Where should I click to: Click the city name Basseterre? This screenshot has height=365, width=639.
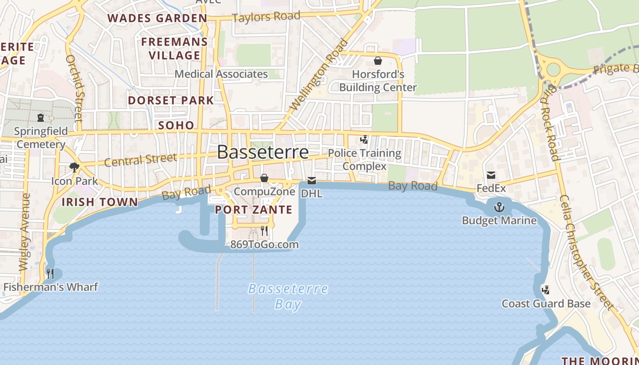coord(262,152)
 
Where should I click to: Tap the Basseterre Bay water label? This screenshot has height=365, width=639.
coord(288,296)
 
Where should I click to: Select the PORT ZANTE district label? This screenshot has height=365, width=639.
coord(253,210)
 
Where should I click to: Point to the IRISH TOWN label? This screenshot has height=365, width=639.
coord(100,202)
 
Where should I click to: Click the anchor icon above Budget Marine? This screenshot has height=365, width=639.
coord(499,208)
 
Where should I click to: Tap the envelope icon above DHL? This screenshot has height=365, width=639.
coord(312,181)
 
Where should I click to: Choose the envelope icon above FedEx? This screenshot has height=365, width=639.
coord(491,175)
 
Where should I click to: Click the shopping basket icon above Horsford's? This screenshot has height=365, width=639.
coord(378,61)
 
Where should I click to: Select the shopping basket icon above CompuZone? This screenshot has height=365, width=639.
coord(264,178)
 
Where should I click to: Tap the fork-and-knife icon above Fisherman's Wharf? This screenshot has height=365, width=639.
coord(50,274)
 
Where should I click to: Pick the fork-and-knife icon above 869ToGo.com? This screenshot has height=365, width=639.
coord(264,231)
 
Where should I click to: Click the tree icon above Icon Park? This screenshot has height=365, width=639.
coord(74,167)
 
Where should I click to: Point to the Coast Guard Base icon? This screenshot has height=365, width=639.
coord(545,290)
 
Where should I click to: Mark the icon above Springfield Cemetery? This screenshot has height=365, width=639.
coord(41,118)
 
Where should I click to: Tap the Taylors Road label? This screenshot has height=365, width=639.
coord(266,17)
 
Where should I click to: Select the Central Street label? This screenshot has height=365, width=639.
coord(140,160)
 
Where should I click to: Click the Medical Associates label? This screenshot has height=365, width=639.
coord(221,74)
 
